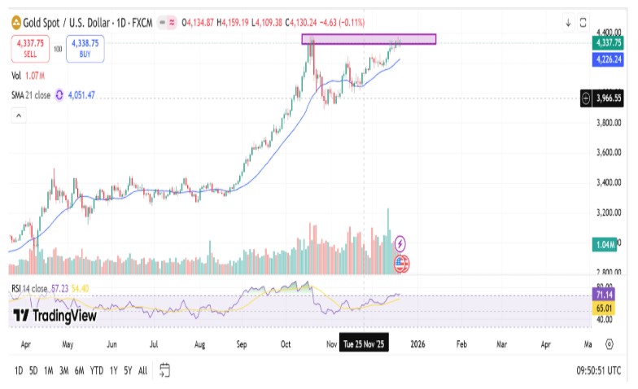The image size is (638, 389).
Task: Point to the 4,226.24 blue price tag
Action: pyautogui.click(x=609, y=59)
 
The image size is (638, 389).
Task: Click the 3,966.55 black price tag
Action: pyautogui.click(x=609, y=98)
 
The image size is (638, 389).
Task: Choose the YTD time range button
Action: pyautogui.click(x=96, y=370)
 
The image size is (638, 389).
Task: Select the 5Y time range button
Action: pyautogui.click(x=129, y=370)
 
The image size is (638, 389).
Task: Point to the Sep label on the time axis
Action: pyautogui.click(x=242, y=345)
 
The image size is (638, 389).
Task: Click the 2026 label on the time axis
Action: pyautogui.click(x=417, y=345)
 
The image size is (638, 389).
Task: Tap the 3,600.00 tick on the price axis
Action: pyautogui.click(x=609, y=152)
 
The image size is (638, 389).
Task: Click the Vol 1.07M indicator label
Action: pyautogui.click(x=28, y=76)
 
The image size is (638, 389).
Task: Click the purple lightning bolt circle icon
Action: pyautogui.click(x=400, y=243)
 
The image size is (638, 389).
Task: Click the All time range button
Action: pyautogui.click(x=143, y=370)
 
